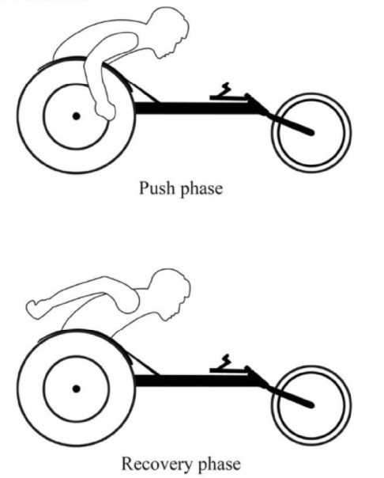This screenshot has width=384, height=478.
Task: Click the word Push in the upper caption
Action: click(x=157, y=188)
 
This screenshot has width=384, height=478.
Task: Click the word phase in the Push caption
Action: click(x=201, y=189)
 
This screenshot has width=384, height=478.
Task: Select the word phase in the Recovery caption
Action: click(x=220, y=465)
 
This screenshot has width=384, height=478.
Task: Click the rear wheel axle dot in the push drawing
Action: click(x=76, y=116)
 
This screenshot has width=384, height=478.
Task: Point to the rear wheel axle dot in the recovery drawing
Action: click(x=76, y=389)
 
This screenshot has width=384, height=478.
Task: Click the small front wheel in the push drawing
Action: click(x=311, y=133)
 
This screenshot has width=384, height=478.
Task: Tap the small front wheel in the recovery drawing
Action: click(x=311, y=406)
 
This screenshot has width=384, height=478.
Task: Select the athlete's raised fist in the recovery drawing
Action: click(x=35, y=309)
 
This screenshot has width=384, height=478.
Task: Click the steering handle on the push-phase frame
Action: click(x=225, y=92)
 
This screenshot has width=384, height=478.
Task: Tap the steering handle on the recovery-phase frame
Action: click(x=225, y=365)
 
